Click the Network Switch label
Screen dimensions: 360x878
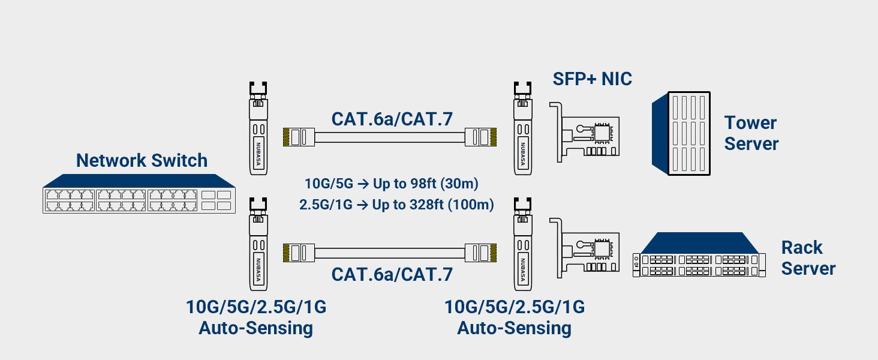[x=142, y=161]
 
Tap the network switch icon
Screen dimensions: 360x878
[x=139, y=194]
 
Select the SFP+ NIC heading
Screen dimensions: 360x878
[x=592, y=79]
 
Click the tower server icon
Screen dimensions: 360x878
[x=681, y=133]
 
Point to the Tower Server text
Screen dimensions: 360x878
[x=751, y=133]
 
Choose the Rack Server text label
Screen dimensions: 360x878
[x=808, y=257]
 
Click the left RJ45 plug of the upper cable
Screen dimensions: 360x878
[x=297, y=137]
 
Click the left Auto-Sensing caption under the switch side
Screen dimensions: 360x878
[x=256, y=328]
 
